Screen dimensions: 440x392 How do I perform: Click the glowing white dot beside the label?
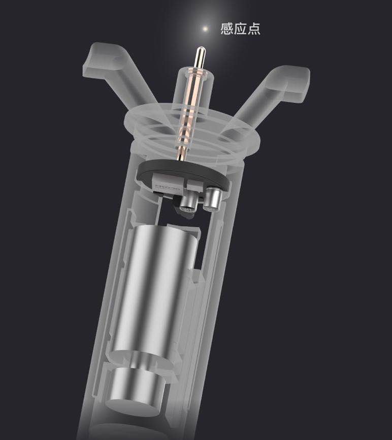point(205,29)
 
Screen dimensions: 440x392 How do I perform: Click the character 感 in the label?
point(226,28)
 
